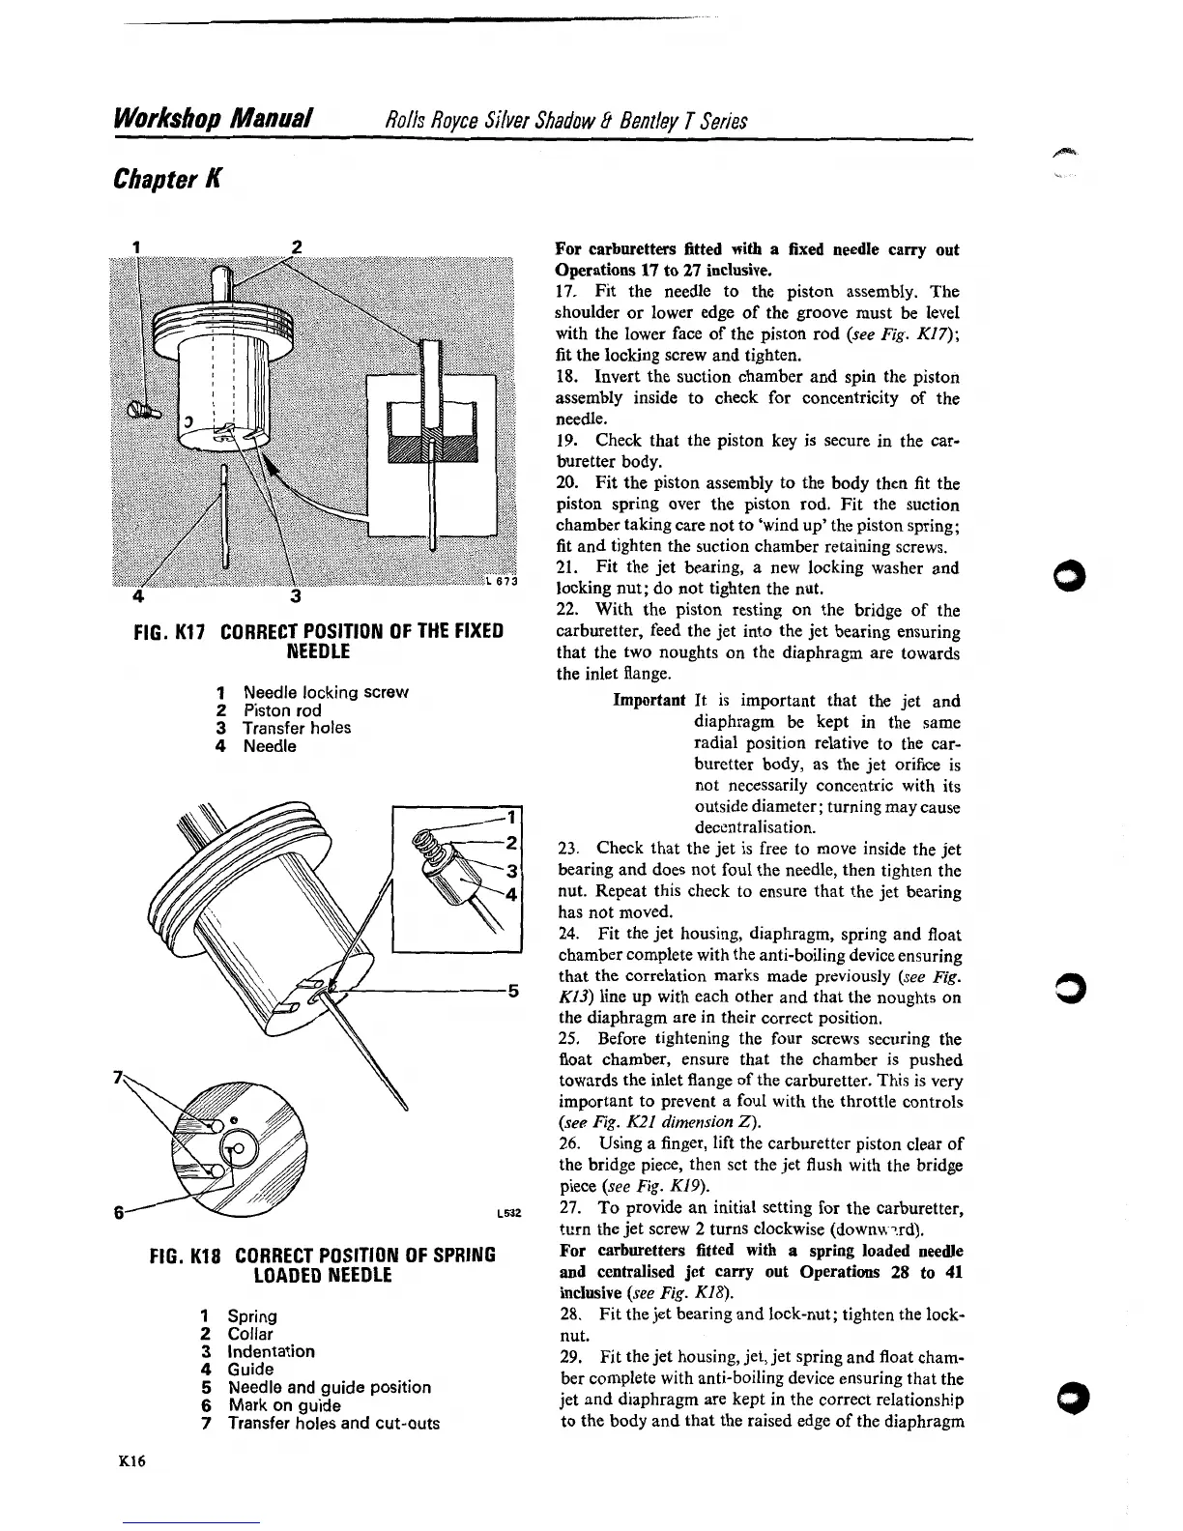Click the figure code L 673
pyautogui.click(x=502, y=581)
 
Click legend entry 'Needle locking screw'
pyautogui.click(x=326, y=692)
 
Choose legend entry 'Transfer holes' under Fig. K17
pyautogui.click(x=297, y=728)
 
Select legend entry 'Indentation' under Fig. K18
pyautogui.click(x=271, y=1351)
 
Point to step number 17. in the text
pyautogui.click(x=567, y=291)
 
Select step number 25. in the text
pyautogui.click(x=569, y=1039)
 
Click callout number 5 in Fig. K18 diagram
pyautogui.click(x=513, y=990)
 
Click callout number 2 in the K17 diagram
pyautogui.click(x=297, y=246)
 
